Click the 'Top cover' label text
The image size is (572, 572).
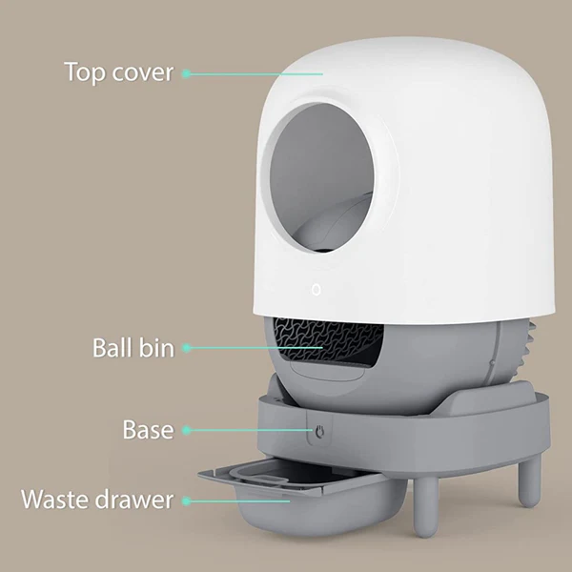118,71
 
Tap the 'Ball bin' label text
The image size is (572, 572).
133,348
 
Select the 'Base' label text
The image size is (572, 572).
148,429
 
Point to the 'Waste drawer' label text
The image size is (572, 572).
97,499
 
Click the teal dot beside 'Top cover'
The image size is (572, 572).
186,73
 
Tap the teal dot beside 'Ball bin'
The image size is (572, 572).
186,348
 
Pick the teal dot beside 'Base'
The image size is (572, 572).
186,430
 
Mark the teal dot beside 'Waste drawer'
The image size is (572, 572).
186,500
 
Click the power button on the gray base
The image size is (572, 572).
319,432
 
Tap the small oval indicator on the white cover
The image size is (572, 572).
317,290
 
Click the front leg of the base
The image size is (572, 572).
425,507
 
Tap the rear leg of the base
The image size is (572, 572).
530,481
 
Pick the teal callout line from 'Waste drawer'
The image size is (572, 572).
240,501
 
